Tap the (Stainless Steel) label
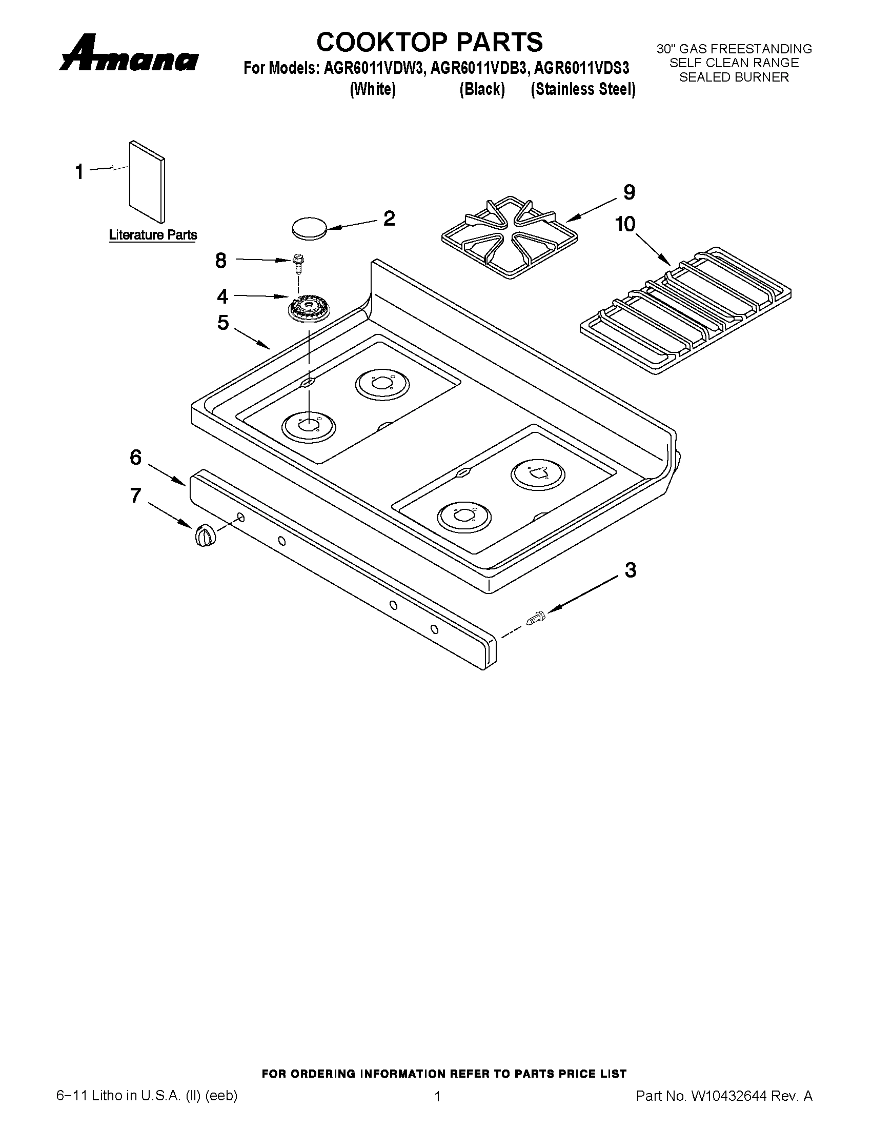583,89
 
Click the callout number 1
79,172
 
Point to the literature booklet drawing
147,182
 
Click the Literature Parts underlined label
153,235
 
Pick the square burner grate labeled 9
509,237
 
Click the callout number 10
625,224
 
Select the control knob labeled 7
205,534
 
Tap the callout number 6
135,457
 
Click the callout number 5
222,323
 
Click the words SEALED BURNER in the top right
734,77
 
